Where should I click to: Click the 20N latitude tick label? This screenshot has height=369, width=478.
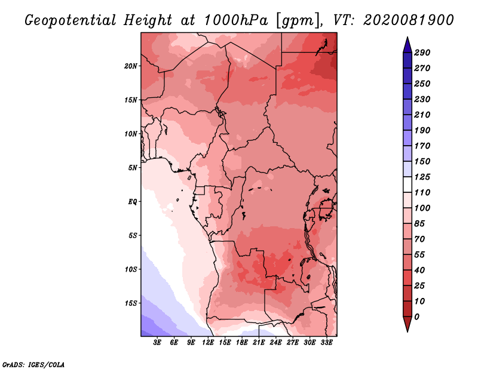[x=131, y=66]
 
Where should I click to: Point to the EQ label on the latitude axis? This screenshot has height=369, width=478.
[x=133, y=202]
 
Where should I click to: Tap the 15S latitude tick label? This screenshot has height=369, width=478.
[x=131, y=303]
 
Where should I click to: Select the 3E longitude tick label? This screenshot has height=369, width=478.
[x=157, y=343]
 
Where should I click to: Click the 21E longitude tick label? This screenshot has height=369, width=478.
[x=259, y=343]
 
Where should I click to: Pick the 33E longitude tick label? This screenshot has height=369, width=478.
[x=326, y=343]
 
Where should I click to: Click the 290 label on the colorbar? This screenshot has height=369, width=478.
[x=422, y=53]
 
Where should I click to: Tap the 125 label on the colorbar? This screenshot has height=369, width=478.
[x=422, y=177]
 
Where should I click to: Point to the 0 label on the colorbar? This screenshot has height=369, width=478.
[x=416, y=317]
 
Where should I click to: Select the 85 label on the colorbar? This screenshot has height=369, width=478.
[x=419, y=224]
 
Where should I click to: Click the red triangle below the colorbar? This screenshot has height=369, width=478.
[x=407, y=324]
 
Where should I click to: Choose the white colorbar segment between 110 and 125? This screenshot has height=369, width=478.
[x=407, y=184]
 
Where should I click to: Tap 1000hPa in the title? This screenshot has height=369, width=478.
[x=235, y=20]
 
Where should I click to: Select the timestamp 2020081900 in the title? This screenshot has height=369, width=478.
[x=409, y=20]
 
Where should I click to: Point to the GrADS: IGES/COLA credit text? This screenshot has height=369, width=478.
[x=33, y=365]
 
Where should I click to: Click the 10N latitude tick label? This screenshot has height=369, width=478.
[x=131, y=134]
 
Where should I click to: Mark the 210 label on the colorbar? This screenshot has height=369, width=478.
[x=422, y=115]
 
